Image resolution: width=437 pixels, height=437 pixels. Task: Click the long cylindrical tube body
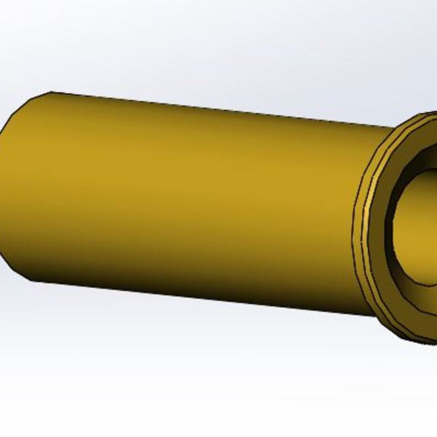tap(187, 200)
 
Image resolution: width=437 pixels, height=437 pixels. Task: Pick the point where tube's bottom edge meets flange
tap(375, 315)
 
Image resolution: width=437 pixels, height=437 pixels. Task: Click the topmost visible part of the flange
tap(431, 114)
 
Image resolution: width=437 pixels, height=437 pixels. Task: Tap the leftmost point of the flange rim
tap(353, 237)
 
